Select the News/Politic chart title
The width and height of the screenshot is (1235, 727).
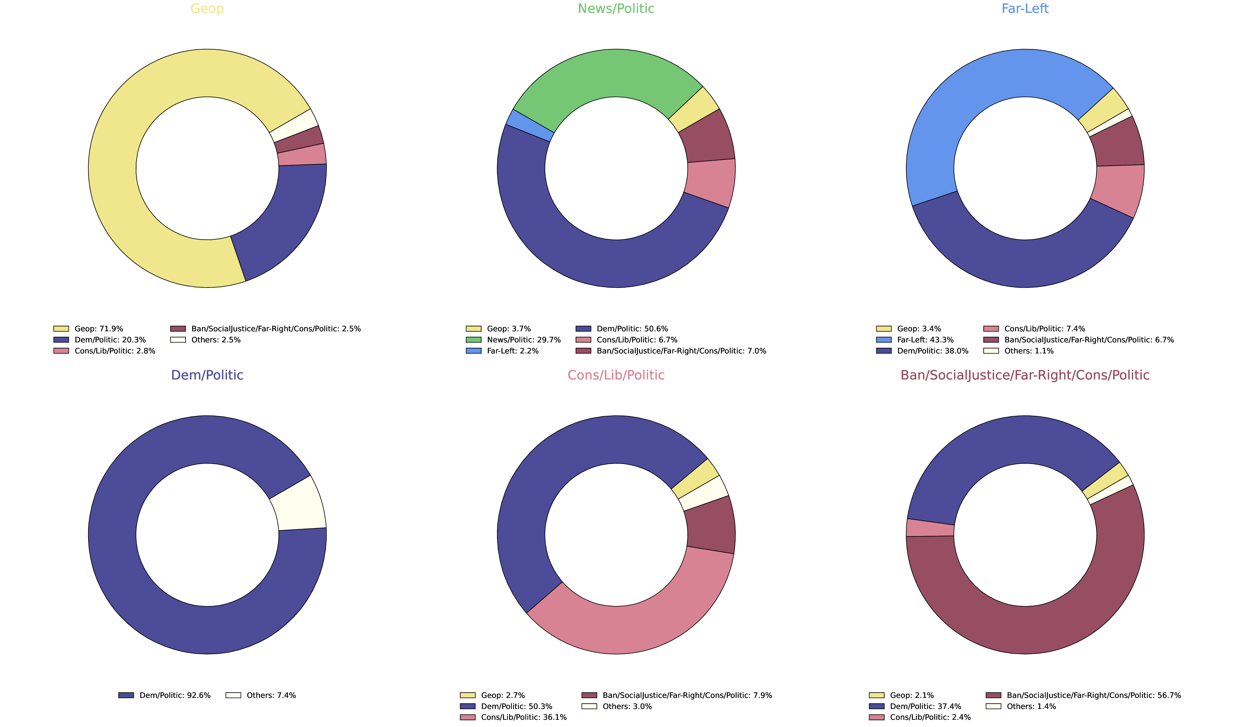coord(616,9)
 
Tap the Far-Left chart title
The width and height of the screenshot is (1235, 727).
coord(1025,9)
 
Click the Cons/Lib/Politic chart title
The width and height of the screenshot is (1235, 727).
coord(616,375)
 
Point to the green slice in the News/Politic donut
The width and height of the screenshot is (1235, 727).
coord(608,74)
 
